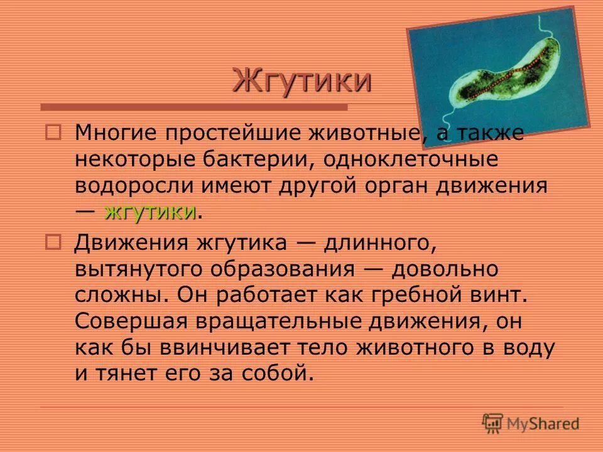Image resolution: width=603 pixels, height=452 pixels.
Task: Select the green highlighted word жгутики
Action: (x=150, y=212)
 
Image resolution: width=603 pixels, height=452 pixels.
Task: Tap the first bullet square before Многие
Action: (x=53, y=132)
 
